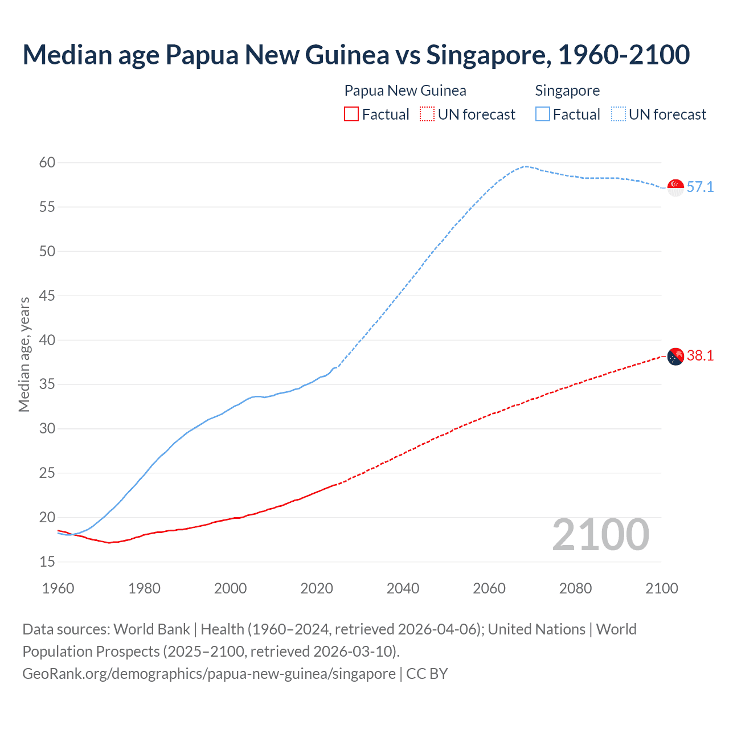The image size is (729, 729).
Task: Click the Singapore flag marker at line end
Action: click(x=675, y=187)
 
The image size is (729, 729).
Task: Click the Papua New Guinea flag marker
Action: click(x=675, y=356)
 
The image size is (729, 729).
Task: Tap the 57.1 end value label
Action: click(x=700, y=187)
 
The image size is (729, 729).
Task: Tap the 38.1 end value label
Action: click(x=700, y=355)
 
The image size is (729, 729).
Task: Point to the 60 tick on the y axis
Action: click(x=47, y=163)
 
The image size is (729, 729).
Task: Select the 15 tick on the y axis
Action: click(x=47, y=562)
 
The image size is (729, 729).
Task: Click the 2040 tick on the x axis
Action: click(x=403, y=588)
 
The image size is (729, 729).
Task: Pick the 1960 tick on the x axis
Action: click(x=58, y=588)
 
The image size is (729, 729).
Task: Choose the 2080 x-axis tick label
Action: click(x=575, y=588)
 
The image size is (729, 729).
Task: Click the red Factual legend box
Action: click(x=351, y=114)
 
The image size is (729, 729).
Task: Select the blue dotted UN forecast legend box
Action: click(x=619, y=114)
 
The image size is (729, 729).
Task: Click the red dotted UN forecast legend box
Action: click(x=427, y=114)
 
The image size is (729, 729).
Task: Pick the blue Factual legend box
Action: click(x=543, y=114)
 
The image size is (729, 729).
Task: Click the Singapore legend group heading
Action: click(x=567, y=91)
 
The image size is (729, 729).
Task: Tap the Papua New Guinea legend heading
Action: click(x=405, y=91)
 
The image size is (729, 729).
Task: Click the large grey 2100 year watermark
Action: click(x=600, y=535)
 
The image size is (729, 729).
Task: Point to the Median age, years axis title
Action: click(x=24, y=354)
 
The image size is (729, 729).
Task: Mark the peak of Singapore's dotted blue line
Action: click(x=526, y=166)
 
